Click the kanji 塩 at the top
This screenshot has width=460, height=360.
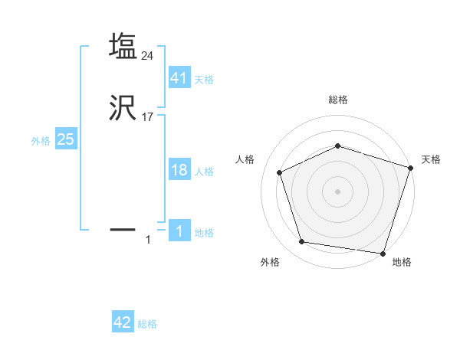coord(123,47)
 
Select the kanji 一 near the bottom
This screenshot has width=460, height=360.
coord(123,228)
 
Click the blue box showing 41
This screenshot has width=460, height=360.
coord(179,78)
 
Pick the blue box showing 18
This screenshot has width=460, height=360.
coord(179,170)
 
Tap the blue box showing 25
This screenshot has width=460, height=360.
coord(65,139)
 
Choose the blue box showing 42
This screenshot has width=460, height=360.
coord(123,322)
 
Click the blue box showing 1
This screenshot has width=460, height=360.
coord(179,231)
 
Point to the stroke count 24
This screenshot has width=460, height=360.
coord(148,55)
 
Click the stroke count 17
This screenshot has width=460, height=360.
coord(148,118)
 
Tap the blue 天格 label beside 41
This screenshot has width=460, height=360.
coord(204,80)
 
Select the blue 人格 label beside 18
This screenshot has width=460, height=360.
coord(204,172)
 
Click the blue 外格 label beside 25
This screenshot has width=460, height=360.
coord(41,141)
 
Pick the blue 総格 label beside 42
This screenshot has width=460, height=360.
coord(147,324)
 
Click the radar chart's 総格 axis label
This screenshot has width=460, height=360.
coord(337,100)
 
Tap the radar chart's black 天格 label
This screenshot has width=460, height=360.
coord(431,159)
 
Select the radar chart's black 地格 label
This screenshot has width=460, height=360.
coord(402,262)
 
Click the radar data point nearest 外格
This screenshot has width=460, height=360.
coord(302,242)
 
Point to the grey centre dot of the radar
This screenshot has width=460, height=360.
coord(337,191)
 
